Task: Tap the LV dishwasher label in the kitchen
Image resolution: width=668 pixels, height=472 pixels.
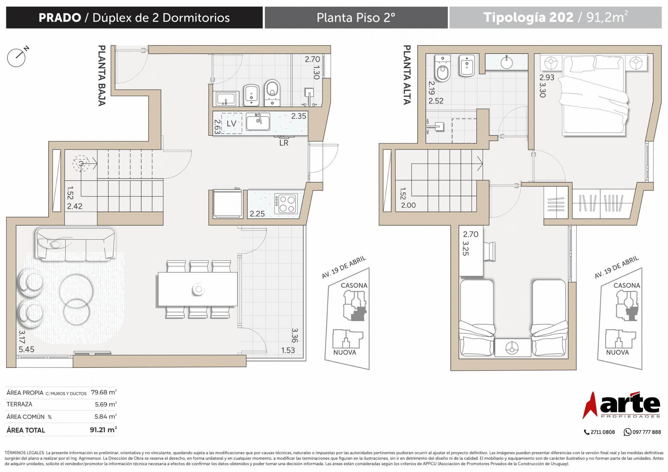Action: pyautogui.click(x=231, y=124)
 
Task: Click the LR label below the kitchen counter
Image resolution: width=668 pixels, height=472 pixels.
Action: pyautogui.click(x=284, y=143)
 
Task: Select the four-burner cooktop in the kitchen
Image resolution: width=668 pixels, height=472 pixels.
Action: pyautogui.click(x=286, y=204)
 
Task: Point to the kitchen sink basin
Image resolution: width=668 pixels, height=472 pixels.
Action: pyautogui.click(x=258, y=122)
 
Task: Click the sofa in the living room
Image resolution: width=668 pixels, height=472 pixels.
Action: pyautogui.click(x=75, y=244)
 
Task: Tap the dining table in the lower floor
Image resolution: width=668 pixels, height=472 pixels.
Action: pyautogui.click(x=198, y=289)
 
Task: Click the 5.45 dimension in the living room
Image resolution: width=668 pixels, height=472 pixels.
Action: pyautogui.click(x=26, y=349)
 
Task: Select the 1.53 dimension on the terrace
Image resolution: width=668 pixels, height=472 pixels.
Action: pyautogui.click(x=288, y=350)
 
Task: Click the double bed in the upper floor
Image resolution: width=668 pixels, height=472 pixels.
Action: pyautogui.click(x=594, y=95)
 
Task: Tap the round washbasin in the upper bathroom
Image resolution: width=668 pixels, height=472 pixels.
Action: pyautogui.click(x=507, y=62)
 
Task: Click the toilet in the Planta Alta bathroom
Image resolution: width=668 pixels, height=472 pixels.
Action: pyautogui.click(x=443, y=69)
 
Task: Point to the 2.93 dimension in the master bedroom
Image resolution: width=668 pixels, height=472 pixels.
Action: pyautogui.click(x=547, y=77)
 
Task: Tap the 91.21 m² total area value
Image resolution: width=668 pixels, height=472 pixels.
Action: pyautogui.click(x=103, y=430)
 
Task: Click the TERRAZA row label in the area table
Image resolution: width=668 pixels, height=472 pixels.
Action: pyautogui.click(x=19, y=404)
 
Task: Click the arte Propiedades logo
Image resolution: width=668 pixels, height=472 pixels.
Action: pyautogui.click(x=621, y=405)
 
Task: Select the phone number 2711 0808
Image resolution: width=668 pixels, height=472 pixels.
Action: pyautogui.click(x=603, y=432)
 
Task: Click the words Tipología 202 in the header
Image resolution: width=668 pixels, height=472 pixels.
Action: pyautogui.click(x=528, y=17)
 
